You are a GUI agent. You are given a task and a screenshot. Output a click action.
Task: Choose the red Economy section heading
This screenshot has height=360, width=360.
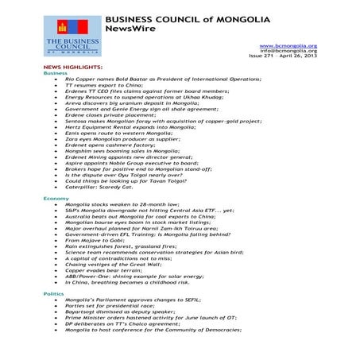coord(56,197)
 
